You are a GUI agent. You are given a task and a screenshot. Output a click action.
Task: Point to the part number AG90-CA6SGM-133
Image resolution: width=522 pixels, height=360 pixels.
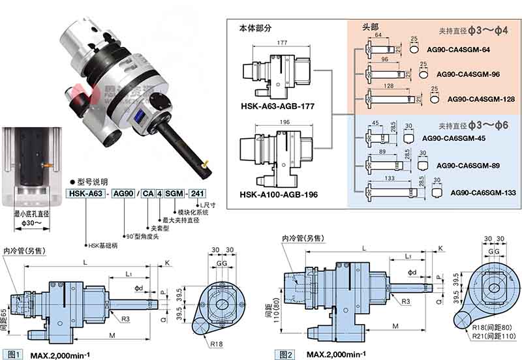[x=483, y=192]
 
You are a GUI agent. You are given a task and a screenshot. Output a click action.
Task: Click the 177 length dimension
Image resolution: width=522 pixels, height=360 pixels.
[x=264, y=42]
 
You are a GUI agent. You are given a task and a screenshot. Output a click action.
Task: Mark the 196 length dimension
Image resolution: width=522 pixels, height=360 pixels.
[x=264, y=122]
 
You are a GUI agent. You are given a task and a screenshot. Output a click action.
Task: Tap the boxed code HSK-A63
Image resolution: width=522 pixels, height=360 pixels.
[x=85, y=194]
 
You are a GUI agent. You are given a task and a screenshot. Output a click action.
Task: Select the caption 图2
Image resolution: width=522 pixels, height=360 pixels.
[x=286, y=353]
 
